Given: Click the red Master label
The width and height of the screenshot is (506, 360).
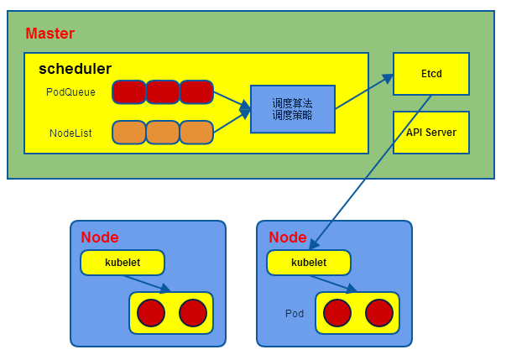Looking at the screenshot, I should click(50, 34).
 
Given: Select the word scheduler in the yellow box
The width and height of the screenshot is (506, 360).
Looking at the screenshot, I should click(75, 69).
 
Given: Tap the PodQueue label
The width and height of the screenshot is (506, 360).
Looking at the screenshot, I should click(71, 91).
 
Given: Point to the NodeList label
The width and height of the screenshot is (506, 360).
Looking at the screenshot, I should click(70, 133).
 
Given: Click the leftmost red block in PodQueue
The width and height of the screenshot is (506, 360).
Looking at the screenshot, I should click(129, 91).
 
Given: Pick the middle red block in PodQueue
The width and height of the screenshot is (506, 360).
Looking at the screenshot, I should click(163, 91).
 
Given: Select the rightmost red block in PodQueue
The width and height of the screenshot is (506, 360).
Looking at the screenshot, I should click(196, 91).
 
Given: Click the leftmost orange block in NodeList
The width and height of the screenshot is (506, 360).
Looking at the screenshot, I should click(129, 133).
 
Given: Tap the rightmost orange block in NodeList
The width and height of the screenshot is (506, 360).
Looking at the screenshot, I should click(196, 133).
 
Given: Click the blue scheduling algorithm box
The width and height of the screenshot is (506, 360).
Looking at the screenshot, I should click(292, 109).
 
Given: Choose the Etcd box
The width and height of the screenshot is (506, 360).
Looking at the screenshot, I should click(430, 73).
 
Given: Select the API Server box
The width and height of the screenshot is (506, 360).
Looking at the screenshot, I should click(430, 132).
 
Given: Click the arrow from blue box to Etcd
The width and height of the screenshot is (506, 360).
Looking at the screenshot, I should click(364, 91).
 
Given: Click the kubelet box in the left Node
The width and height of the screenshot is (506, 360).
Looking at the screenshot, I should click(123, 263).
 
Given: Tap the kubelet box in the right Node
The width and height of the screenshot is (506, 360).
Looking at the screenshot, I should click(309, 263).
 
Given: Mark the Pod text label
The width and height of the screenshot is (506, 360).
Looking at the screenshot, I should click(294, 313).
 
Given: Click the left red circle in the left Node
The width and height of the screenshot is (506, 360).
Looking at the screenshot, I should click(151, 313).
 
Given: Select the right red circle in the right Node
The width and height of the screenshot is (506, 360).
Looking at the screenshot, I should click(379, 313).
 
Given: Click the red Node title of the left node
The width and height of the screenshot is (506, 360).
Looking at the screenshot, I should click(99, 237).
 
